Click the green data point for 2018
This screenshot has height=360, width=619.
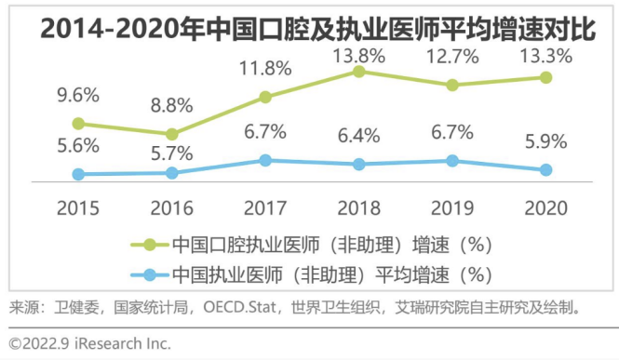(359, 72)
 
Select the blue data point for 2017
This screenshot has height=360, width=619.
(265, 160)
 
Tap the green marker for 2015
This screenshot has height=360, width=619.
(78, 123)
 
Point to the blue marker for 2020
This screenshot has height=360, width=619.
(545, 169)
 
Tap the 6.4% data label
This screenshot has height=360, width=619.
(357, 135)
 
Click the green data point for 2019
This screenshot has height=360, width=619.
(452, 85)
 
